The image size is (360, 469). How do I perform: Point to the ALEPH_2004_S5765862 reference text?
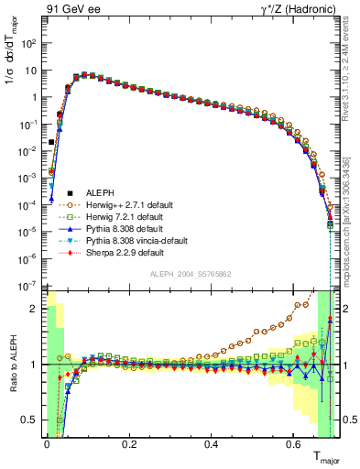[x=191, y=275]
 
